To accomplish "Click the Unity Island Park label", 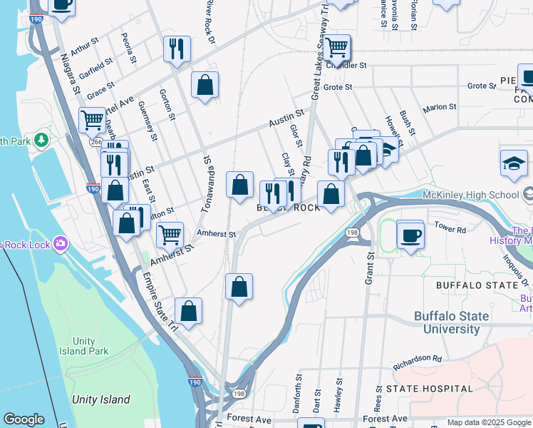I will point(83,346).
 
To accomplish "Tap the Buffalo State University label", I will point(452,322).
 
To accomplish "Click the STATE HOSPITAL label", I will point(429,389).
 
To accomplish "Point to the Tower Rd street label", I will point(450,230).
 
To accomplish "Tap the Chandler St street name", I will point(346,65).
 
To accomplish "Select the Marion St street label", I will point(439,107).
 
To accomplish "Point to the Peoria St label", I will point(128,48).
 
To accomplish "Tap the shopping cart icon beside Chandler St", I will point(336,48).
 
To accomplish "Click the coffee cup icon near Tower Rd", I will point(410,235).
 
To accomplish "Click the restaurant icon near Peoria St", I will point(176,49).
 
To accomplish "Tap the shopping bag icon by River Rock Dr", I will point(205,86).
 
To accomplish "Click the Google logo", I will point(24,419).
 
